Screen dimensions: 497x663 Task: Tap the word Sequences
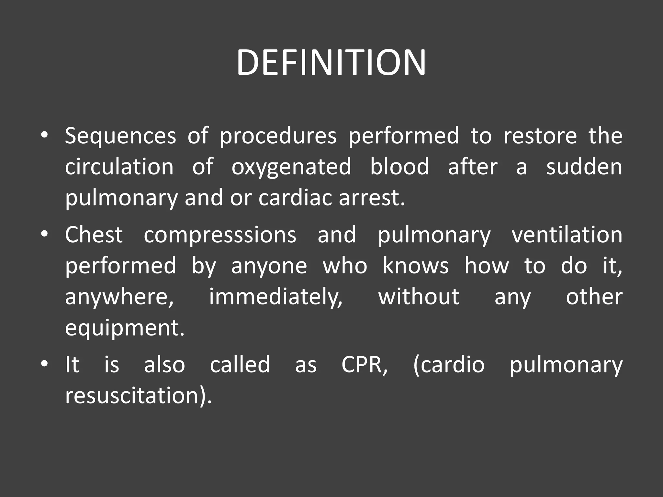tap(120, 136)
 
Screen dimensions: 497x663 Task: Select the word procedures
tap(278, 137)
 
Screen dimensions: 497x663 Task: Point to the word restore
tap(540, 136)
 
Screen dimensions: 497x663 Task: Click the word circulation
tap(119, 167)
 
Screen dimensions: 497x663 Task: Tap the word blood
tap(399, 167)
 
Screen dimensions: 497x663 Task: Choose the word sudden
tap(584, 167)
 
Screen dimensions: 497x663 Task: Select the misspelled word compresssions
tap(220, 235)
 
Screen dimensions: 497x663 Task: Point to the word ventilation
tap(567, 235)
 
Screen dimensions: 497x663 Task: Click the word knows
tap(416, 266)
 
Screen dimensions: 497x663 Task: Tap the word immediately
tap(275, 297)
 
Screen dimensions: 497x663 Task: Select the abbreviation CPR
tap(364, 365)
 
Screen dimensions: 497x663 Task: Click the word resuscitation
tap(138, 396)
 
